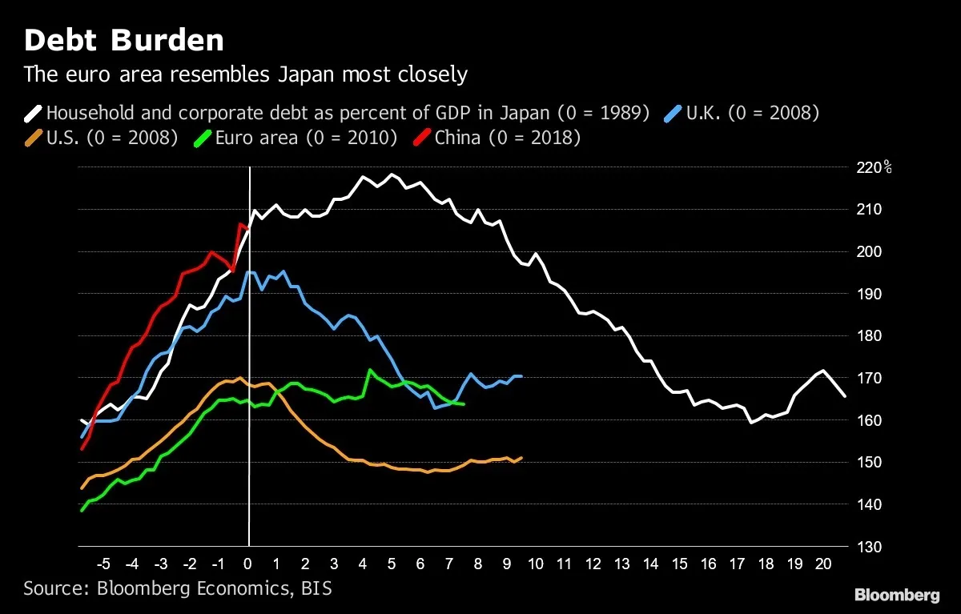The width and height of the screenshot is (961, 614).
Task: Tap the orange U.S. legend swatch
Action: (33, 138)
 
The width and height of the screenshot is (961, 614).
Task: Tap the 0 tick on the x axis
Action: (248, 563)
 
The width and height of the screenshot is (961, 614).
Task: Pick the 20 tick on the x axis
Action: (822, 563)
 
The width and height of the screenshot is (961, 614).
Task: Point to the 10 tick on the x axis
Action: (536, 563)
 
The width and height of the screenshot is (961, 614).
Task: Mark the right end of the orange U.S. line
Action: (521, 458)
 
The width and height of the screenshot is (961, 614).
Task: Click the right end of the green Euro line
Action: (464, 404)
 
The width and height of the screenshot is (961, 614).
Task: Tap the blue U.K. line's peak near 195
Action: (249, 272)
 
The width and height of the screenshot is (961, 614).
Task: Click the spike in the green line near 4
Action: (368, 370)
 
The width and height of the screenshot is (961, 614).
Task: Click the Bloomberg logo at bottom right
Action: (896, 595)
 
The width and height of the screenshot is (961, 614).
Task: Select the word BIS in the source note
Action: (316, 589)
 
